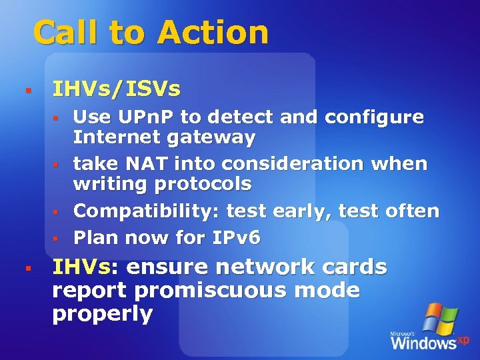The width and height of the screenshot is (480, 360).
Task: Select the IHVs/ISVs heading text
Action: click(x=116, y=89)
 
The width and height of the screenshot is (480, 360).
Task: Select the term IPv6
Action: click(x=238, y=237)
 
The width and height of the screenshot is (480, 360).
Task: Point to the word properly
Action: click(x=103, y=314)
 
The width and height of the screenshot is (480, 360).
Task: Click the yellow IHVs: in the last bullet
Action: click(x=85, y=267)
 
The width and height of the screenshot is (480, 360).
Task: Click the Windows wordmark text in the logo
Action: click(x=423, y=343)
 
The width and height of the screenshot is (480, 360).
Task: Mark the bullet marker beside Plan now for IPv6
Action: click(x=57, y=238)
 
